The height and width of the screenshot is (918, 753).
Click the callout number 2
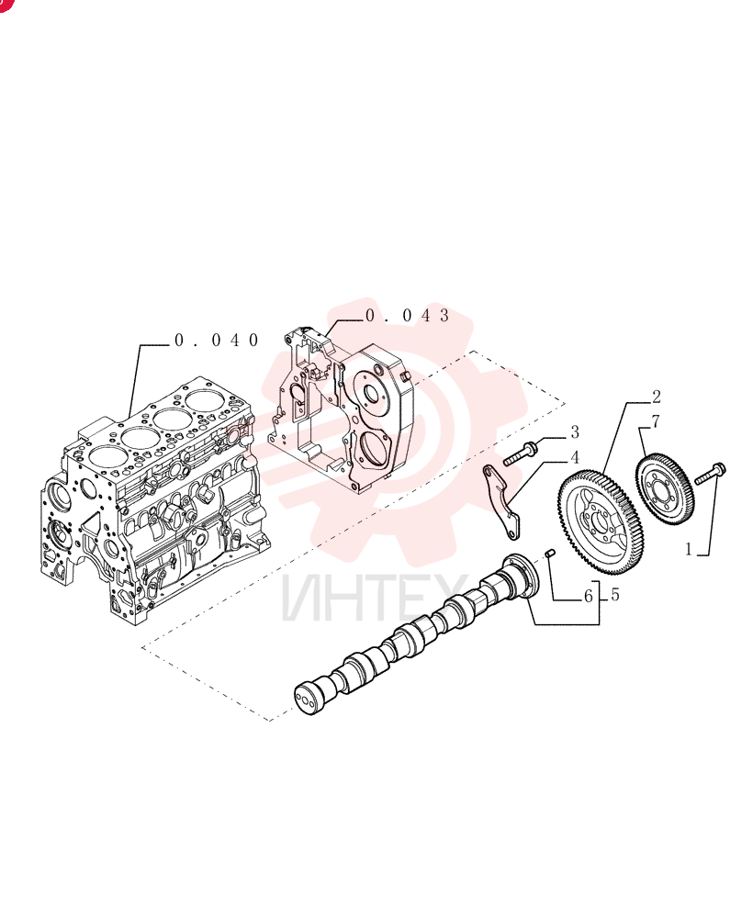coord(657,397)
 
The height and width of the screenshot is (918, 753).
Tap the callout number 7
coord(656,421)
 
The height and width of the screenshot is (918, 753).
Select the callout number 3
coord(575,432)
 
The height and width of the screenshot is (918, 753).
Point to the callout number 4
coord(575,457)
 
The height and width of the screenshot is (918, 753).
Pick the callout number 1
coord(689,549)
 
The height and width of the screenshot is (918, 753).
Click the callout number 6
coord(589,597)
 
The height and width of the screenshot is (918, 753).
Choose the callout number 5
coord(615,595)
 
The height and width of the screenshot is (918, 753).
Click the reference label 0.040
coord(217,341)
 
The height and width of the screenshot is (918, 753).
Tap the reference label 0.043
coord(408,316)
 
